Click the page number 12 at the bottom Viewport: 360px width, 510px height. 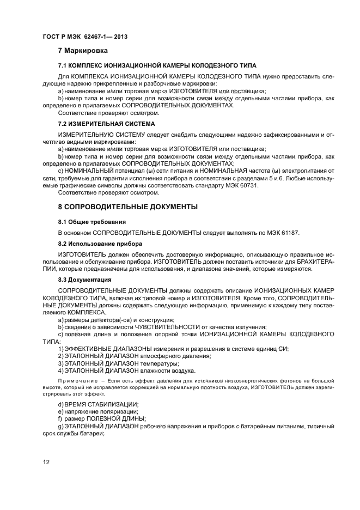46,462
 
